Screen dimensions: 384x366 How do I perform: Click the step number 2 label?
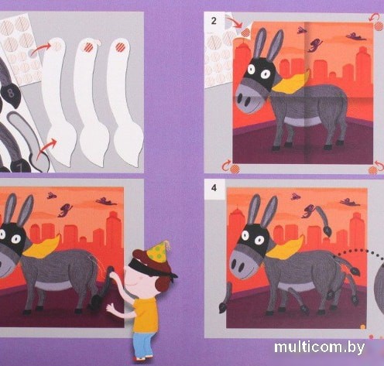[214, 21]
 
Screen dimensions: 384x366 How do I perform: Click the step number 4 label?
[214, 188]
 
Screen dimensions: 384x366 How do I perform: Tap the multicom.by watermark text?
[319, 347]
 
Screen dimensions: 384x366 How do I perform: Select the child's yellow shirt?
[145, 315]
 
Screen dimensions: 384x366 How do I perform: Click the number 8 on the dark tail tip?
[11, 93]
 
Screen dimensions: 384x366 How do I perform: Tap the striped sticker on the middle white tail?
[88, 46]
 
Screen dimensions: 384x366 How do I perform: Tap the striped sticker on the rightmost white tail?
[121, 46]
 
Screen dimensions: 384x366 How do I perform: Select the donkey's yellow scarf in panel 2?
[291, 81]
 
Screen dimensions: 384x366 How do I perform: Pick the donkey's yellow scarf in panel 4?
[285, 248]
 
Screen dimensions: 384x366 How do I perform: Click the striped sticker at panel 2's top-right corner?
[379, 26]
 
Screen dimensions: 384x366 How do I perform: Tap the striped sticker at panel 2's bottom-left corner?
[235, 169]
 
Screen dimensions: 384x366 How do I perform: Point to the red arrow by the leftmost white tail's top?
[42, 48]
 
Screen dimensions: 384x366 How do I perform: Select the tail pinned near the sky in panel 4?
[322, 220]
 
